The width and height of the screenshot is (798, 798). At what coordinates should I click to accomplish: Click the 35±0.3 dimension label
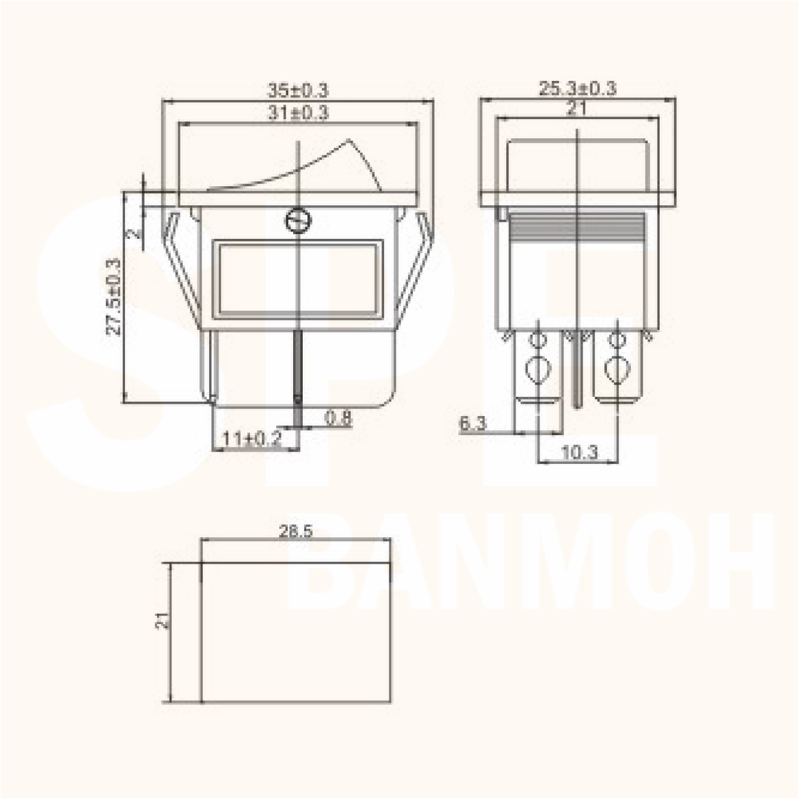coord(298,90)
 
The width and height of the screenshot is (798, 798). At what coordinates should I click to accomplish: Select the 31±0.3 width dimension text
coord(298,113)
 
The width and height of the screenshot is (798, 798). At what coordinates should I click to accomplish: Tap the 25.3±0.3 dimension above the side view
coord(577,88)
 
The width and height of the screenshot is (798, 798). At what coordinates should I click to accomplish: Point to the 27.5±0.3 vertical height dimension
coord(114,296)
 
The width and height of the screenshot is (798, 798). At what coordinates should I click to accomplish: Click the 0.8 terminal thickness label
coord(338,418)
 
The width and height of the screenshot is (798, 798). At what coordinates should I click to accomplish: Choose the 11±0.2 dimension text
coord(251,439)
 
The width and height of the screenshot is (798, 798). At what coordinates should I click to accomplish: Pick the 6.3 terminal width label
coord(472,423)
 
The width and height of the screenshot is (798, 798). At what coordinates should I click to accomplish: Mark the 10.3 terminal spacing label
coord(579,453)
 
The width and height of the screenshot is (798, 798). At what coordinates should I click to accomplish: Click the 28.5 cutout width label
coord(296,531)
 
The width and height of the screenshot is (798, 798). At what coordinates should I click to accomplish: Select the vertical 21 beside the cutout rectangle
coord(163,620)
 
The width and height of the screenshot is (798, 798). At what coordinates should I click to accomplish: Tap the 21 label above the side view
coord(576,109)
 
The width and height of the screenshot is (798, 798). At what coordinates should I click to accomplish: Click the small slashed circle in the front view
coord(298,220)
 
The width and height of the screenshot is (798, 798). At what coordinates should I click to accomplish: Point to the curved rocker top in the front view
coord(298,168)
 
